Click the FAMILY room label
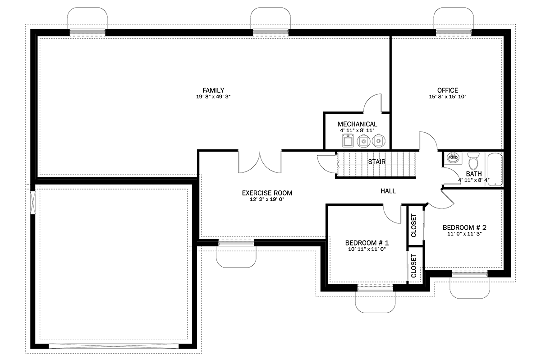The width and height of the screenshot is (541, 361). (x=213, y=90)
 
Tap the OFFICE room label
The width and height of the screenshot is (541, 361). (x=448, y=90)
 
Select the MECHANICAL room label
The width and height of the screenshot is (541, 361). (x=357, y=124)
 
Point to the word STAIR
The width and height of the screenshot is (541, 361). (x=376, y=162)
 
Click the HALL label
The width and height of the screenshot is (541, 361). (x=388, y=191)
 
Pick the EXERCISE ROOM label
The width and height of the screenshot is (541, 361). (x=267, y=193)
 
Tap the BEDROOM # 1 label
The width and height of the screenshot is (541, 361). (x=367, y=243)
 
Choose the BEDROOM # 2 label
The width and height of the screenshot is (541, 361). (x=464, y=227)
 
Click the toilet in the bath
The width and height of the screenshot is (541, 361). (x=473, y=161)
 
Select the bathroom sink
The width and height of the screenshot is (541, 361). (x=453, y=158)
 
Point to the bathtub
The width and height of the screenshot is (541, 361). (x=495, y=170)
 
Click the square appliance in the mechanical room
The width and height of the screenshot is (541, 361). (x=348, y=141)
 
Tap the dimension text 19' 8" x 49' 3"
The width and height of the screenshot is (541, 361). (x=213, y=97)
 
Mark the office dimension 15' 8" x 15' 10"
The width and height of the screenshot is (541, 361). (x=448, y=97)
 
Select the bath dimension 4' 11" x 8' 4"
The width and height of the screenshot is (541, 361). (x=474, y=180)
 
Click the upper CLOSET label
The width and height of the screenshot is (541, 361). (x=414, y=226)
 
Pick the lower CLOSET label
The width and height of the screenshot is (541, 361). (x=414, y=266)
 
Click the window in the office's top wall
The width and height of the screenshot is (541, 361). (x=454, y=32)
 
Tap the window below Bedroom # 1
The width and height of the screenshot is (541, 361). (x=375, y=288)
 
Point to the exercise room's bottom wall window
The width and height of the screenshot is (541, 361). (x=236, y=242)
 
